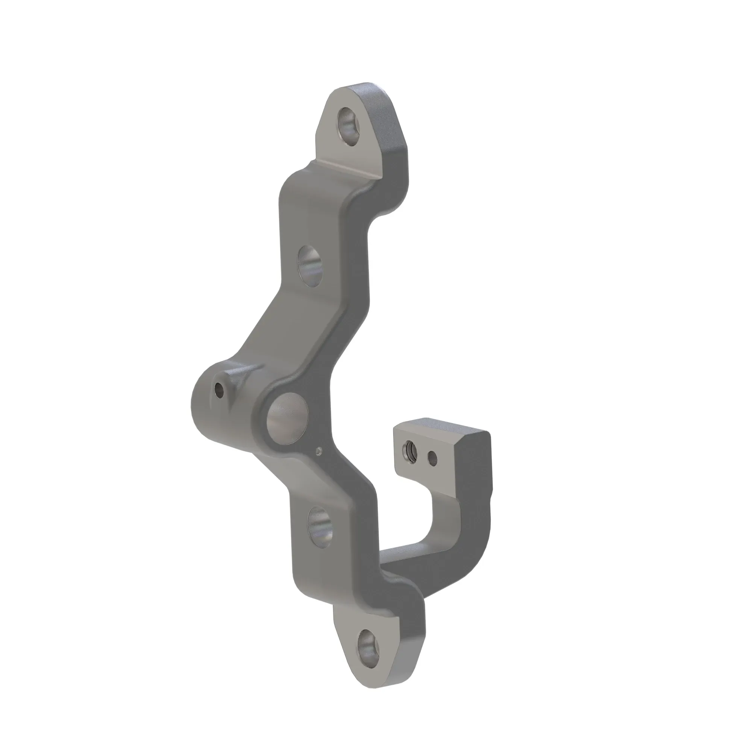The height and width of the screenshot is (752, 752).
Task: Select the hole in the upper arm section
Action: tap(310, 266)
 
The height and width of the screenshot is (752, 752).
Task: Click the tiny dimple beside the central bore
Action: tap(319, 451)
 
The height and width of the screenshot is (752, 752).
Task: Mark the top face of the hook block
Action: tap(440, 426)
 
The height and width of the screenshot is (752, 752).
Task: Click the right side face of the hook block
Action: tap(477, 471)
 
